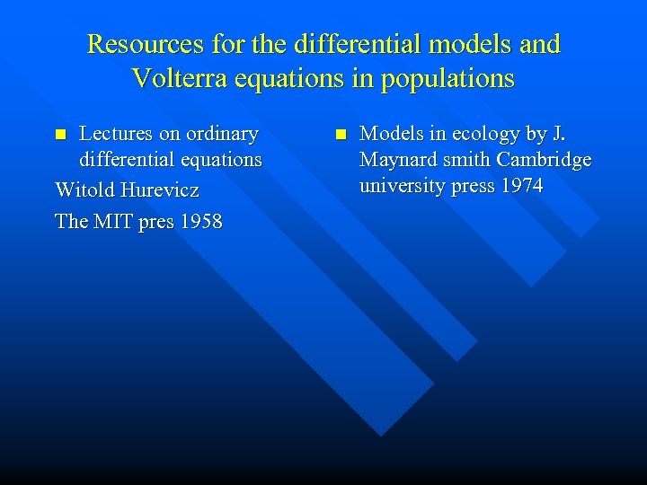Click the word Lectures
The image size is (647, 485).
click(116, 134)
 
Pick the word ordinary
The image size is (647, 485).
click(221, 134)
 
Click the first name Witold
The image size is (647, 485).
click(88, 190)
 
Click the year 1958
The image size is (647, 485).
click(199, 220)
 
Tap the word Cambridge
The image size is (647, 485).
click(546, 160)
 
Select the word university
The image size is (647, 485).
click(401, 186)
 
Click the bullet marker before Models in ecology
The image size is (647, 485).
click(340, 135)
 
